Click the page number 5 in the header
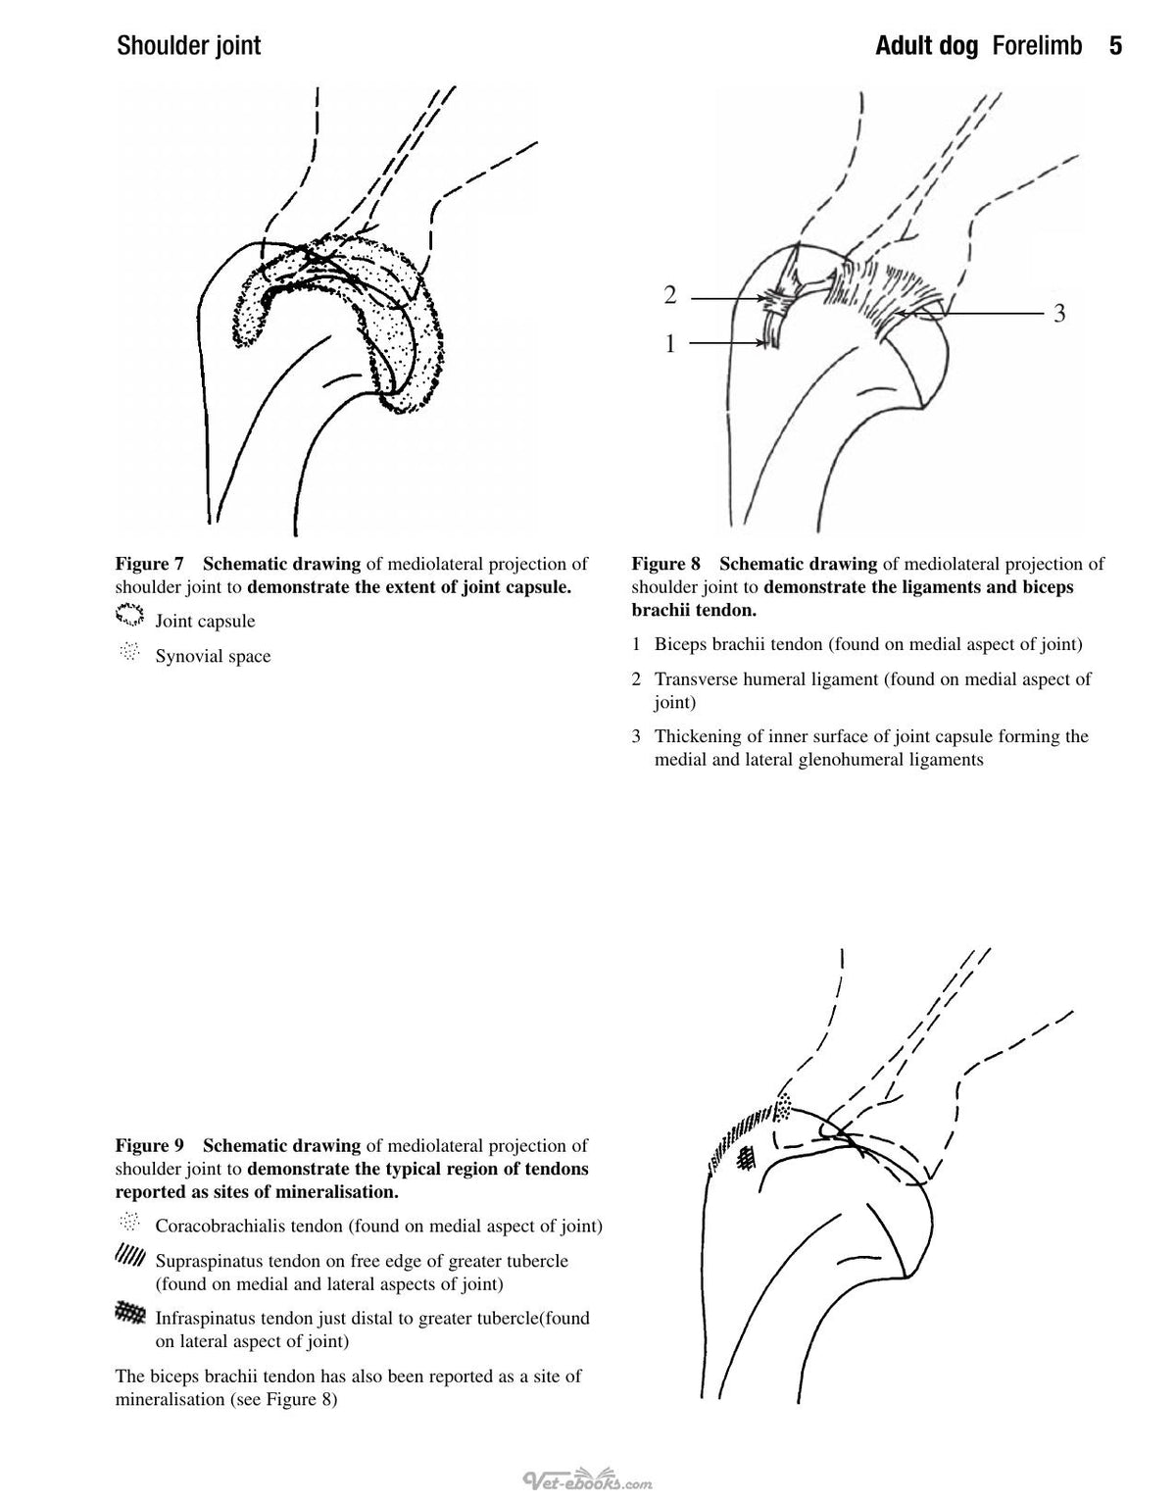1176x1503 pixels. [1115, 46]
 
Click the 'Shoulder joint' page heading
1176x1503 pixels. [189, 46]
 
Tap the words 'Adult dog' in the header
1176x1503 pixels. [926, 46]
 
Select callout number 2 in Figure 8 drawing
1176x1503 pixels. [670, 295]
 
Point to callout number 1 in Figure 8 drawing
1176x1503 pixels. [670, 343]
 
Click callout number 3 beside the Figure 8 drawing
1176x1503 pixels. [1059, 314]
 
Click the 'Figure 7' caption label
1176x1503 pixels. [149, 564]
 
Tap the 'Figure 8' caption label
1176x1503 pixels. [665, 564]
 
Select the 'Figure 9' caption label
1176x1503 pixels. [149, 1145]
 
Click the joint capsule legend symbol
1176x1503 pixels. [129, 614]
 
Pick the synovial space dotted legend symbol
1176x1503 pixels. [129, 652]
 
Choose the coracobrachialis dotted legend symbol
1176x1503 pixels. [129, 1222]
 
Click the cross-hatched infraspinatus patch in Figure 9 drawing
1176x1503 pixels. [747, 1157]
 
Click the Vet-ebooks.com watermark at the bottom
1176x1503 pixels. [588, 1478]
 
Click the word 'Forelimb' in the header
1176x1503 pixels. [1037, 46]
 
